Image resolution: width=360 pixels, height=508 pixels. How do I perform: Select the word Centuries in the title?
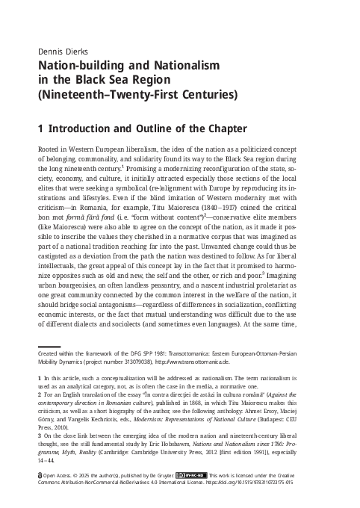pos(208,95)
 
